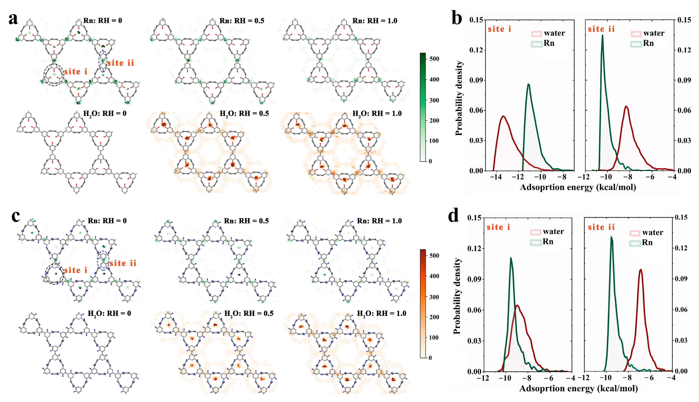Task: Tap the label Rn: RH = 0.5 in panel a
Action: [x=242, y=21]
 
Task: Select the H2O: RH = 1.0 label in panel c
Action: [x=381, y=313]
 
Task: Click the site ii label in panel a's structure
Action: [x=121, y=63]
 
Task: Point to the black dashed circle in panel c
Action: [x=55, y=274]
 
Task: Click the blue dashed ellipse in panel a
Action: [x=103, y=61]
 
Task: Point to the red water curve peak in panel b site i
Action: [x=503, y=116]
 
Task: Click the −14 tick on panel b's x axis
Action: [x=496, y=177]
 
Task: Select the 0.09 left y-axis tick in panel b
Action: [x=476, y=80]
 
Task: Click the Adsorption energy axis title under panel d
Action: [x=578, y=388]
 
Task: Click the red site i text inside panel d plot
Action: [x=498, y=227]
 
